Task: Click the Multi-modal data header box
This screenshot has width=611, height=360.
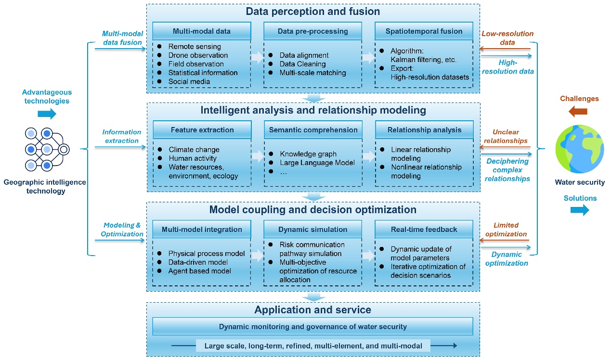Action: coord(202,31)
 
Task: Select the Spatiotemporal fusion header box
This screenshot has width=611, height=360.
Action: coord(424,31)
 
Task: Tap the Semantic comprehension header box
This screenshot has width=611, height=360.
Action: coord(313,130)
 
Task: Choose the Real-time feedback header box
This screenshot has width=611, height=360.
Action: coord(424,230)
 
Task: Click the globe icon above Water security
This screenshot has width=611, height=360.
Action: coord(580,149)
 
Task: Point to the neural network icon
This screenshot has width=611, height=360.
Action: coord(47,150)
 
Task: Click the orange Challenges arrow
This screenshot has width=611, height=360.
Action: coord(578,111)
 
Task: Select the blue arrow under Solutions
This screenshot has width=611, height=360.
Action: coord(580,210)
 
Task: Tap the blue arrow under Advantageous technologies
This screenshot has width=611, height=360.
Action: coord(47,114)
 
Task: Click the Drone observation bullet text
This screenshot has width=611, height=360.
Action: coord(198,55)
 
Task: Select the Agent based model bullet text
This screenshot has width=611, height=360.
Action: coord(200,271)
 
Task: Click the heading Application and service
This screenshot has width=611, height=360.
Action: coord(313,310)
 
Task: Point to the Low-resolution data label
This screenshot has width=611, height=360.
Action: coord(507,38)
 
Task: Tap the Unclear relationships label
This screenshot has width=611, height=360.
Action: coord(506,136)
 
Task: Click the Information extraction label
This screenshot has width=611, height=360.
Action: coord(122,136)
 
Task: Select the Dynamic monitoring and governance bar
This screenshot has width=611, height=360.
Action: coord(312,326)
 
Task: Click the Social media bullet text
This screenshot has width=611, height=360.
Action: coord(189,81)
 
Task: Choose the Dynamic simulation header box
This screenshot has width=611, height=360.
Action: coord(312,230)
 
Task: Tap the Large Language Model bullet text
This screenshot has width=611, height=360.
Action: coord(317,163)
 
